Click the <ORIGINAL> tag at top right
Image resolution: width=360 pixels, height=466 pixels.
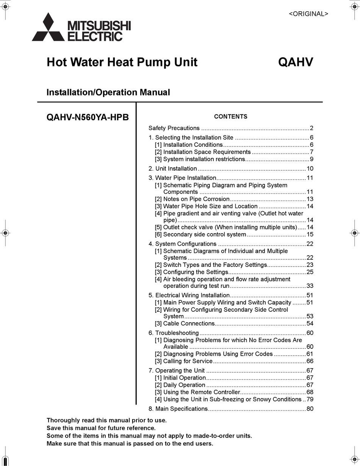(x=308, y=14)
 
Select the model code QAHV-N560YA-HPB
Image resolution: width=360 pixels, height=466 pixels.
(x=88, y=117)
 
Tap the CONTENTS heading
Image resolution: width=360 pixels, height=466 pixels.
(x=230, y=117)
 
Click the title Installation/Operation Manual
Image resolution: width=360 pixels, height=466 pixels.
(x=108, y=92)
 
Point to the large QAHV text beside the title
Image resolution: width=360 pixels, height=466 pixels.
(x=296, y=62)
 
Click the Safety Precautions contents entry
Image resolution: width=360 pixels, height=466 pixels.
(x=174, y=128)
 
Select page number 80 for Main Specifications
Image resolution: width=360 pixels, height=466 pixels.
(x=310, y=409)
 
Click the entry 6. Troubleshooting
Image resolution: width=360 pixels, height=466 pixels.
(x=174, y=333)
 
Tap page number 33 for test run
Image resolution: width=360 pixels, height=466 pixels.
(x=310, y=286)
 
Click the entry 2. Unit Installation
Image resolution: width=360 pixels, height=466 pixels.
(x=173, y=169)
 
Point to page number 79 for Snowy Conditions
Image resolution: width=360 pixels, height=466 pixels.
(x=310, y=399)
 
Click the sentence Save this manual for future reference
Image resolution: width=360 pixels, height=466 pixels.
(x=101, y=428)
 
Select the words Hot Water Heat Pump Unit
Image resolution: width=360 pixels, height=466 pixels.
(x=122, y=62)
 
